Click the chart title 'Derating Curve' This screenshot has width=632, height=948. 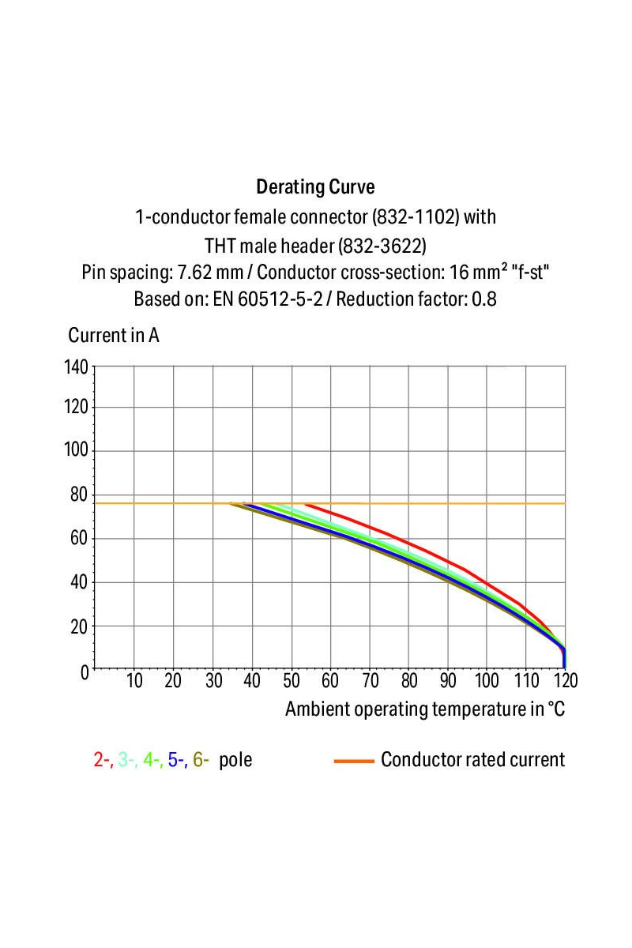[x=315, y=187]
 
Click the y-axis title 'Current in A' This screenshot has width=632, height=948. [x=114, y=335]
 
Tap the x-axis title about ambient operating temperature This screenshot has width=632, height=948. [x=425, y=709]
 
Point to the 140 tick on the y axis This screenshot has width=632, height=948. [x=77, y=367]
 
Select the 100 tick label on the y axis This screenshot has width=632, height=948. [x=77, y=451]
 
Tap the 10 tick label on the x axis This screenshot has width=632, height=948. [x=134, y=681]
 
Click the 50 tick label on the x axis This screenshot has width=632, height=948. [x=292, y=681]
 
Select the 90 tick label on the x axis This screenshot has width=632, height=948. [x=448, y=681]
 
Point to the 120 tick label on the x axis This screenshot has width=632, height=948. [x=564, y=681]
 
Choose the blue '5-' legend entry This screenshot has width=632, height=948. [x=177, y=760]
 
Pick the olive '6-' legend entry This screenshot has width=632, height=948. [x=201, y=760]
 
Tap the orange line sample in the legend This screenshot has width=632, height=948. [x=353, y=761]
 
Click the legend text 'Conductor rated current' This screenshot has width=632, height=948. [x=472, y=760]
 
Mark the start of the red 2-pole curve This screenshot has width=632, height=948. [x=306, y=504]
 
